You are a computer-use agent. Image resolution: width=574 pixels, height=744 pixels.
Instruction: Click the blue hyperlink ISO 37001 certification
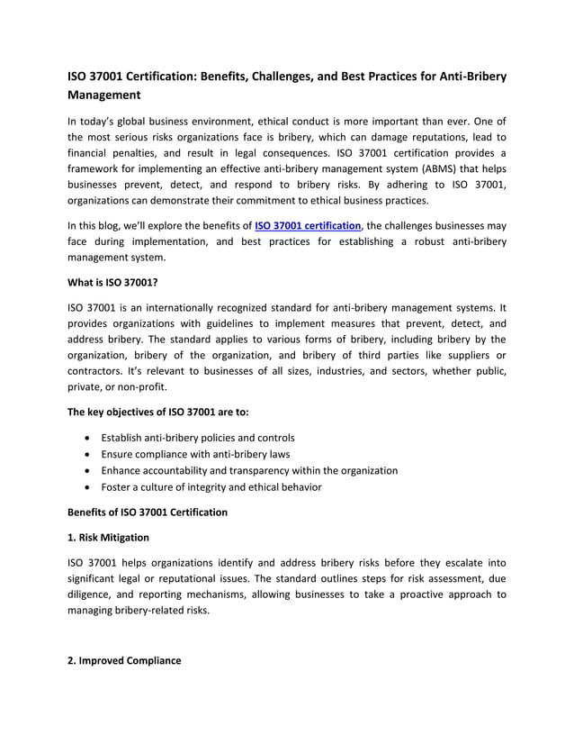[x=308, y=225]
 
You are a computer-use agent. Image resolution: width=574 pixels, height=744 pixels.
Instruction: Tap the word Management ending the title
[x=105, y=95]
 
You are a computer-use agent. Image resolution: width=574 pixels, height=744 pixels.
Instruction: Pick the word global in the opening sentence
[x=144, y=121]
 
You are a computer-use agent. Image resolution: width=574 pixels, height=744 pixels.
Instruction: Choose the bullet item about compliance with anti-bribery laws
[x=194, y=454]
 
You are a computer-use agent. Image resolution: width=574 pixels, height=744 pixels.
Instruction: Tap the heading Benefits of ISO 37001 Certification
[x=148, y=513]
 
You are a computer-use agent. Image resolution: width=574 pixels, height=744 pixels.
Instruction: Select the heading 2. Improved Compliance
[x=124, y=660]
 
